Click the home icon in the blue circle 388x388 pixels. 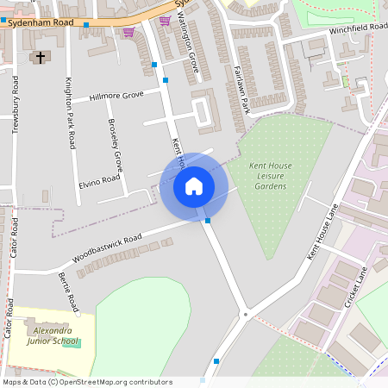[194, 185]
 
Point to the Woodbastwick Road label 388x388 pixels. [107, 247]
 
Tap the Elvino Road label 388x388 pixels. [98, 182]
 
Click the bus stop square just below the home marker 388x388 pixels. [208, 221]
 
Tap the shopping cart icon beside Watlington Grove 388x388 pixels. [165, 20]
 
